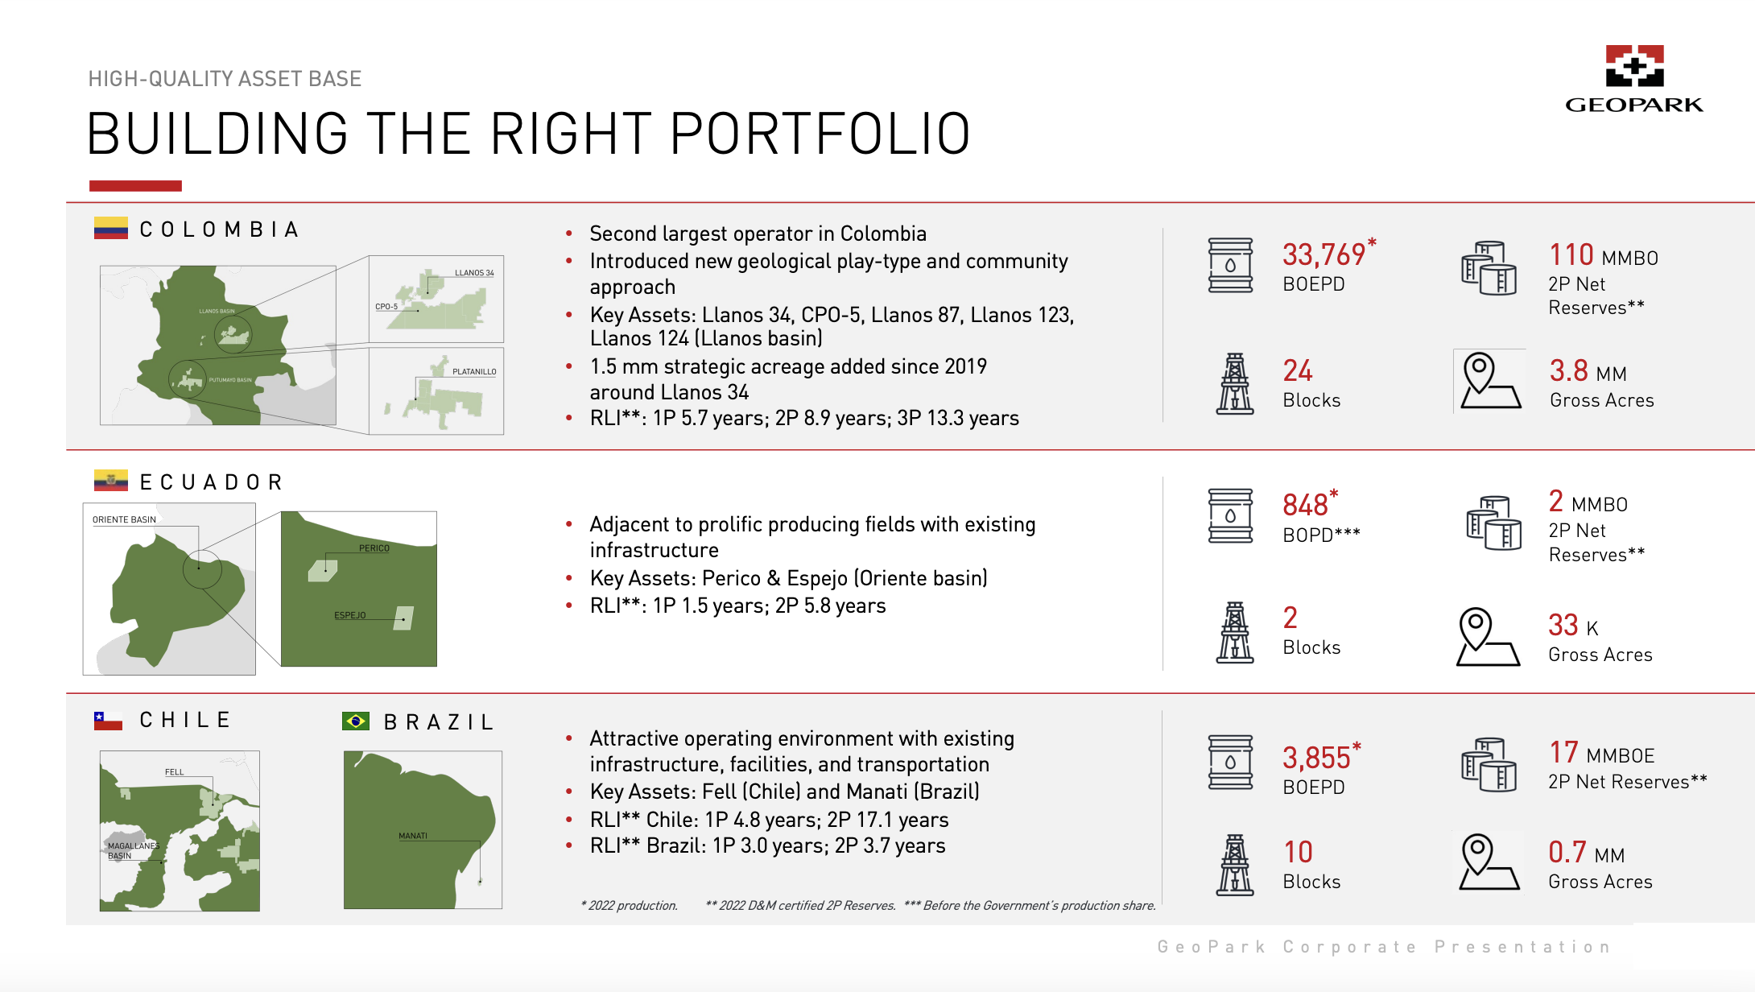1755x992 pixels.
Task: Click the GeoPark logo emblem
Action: [x=1634, y=66]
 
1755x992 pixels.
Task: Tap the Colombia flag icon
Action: [x=110, y=229]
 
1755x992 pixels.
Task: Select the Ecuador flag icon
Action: [x=110, y=481]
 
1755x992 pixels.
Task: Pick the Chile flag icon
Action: [x=108, y=721]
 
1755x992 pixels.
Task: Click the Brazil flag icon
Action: [x=355, y=721]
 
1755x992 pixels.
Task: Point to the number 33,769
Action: [x=1323, y=255]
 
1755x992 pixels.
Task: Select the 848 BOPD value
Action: [x=1305, y=505]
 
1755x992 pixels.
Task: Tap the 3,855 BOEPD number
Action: [x=1315, y=758]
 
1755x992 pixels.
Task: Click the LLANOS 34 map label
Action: [x=474, y=273]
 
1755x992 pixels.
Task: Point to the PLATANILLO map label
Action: [x=474, y=372]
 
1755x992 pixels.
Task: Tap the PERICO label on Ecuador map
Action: [x=374, y=548]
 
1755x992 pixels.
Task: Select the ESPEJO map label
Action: [x=349, y=615]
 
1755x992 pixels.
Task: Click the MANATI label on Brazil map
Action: [x=412, y=836]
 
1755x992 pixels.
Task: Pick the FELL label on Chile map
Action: [x=174, y=772]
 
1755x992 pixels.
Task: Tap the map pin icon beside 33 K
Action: [x=1488, y=636]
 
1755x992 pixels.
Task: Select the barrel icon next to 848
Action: [x=1230, y=515]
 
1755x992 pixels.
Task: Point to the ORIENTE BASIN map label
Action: [x=124, y=519]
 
